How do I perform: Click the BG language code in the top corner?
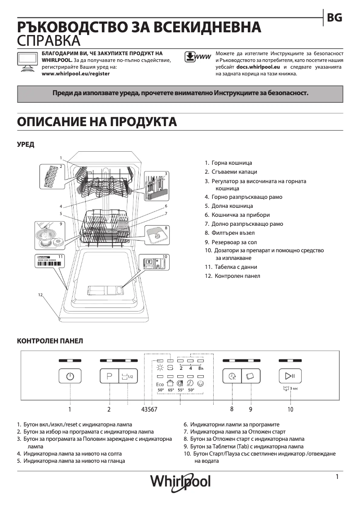pyautogui.click(x=335, y=18)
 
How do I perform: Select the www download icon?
pyautogui.click(x=198, y=57)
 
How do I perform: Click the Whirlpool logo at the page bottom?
pyautogui.click(x=180, y=481)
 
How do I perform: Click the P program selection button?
pyautogui.click(x=109, y=376)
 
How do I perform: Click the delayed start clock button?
pyautogui.click(x=232, y=376)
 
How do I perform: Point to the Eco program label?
pyautogui.click(x=160, y=384)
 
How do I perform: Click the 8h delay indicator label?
pyautogui.click(x=201, y=369)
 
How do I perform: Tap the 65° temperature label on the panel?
pyautogui.click(x=171, y=390)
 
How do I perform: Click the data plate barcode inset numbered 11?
pyautogui.click(x=50, y=261)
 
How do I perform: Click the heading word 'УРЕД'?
pyautogui.click(x=26, y=145)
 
